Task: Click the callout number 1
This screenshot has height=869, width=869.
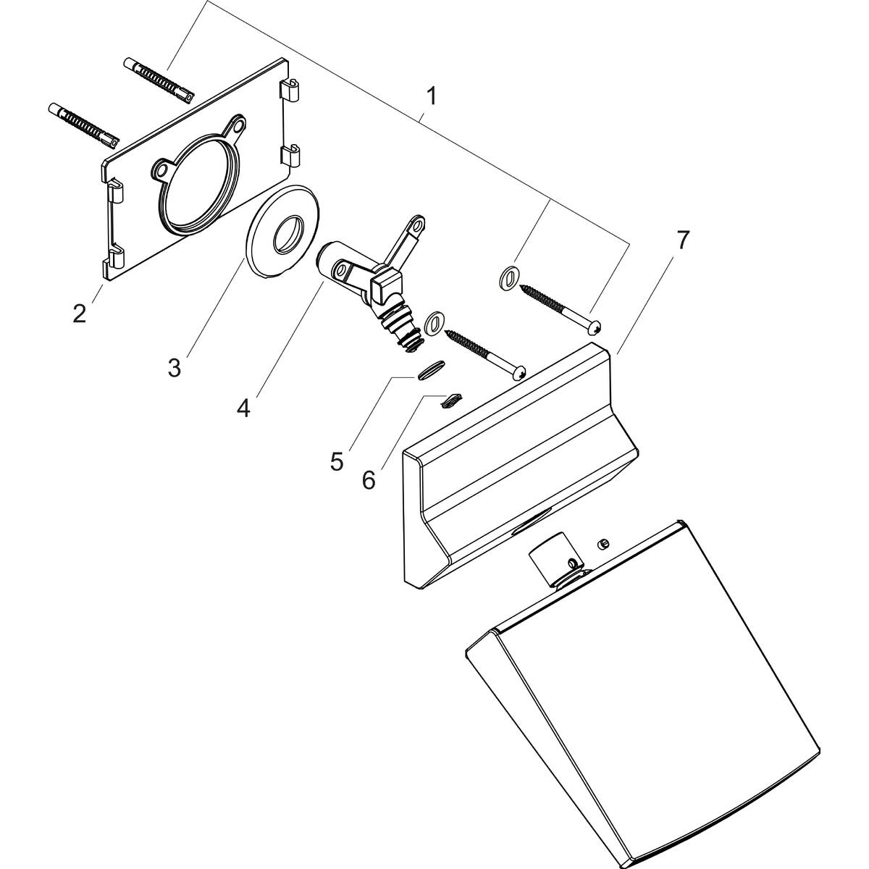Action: (431, 95)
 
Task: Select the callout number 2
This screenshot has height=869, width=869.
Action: (79, 313)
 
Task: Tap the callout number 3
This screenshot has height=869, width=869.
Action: (174, 367)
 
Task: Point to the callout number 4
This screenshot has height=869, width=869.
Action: (243, 408)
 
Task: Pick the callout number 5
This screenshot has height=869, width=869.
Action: (337, 461)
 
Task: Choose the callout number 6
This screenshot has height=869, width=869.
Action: (369, 479)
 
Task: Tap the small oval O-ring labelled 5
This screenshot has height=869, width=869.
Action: (428, 371)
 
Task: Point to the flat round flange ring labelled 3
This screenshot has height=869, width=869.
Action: (285, 232)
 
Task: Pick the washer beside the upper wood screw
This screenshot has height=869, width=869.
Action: (508, 276)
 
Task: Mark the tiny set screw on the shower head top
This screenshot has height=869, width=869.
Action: (603, 542)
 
